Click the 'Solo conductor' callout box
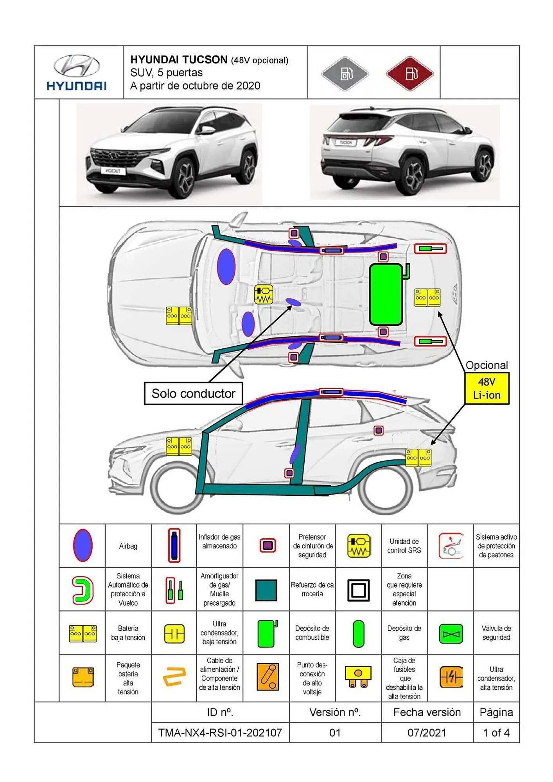(193, 393)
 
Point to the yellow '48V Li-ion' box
(487, 388)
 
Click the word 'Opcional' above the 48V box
(487, 365)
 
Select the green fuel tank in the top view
(386, 294)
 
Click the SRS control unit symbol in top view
(264, 294)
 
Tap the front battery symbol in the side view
(179, 447)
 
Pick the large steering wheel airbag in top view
(226, 266)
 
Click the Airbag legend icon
(83, 546)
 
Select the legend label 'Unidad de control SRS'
(404, 546)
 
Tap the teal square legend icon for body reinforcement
(266, 590)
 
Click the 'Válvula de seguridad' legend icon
(451, 634)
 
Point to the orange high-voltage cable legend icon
(174, 677)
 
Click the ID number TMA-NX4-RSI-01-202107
(220, 732)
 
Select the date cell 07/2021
(427, 732)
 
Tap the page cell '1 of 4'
(496, 732)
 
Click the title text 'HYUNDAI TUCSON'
(179, 60)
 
